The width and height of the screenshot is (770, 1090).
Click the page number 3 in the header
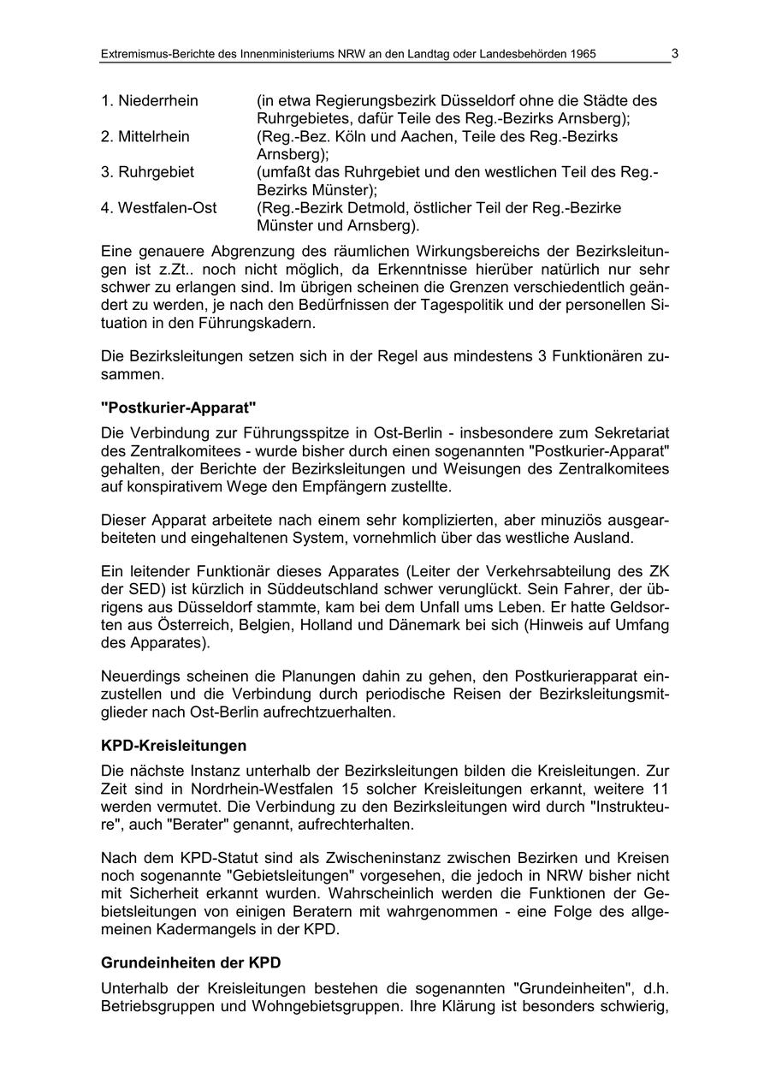[x=675, y=54]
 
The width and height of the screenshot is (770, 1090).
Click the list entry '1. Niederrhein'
[x=149, y=101]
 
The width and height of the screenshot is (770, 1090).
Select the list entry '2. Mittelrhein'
[x=145, y=137]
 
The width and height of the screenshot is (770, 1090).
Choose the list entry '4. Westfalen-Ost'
[x=158, y=208]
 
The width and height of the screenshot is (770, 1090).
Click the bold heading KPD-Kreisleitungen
[x=174, y=746]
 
